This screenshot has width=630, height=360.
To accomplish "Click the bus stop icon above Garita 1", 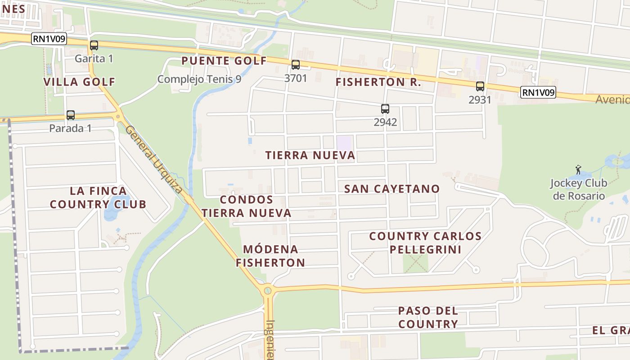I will (x=94, y=45).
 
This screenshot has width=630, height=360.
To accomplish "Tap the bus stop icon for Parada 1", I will (x=71, y=115).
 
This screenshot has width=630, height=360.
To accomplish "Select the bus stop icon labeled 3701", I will (x=296, y=65).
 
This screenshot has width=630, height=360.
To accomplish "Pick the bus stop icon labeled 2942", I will (x=385, y=109).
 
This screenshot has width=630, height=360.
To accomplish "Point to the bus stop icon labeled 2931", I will (x=480, y=86).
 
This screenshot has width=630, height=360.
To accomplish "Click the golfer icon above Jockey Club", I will (x=579, y=170).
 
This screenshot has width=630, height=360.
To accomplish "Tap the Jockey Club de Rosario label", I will (x=578, y=189).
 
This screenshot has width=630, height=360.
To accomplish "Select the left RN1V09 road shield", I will (x=49, y=39).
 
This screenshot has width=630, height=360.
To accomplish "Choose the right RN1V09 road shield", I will (x=538, y=93).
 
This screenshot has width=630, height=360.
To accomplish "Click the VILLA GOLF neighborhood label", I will (x=79, y=82).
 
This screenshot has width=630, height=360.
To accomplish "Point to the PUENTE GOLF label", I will (x=224, y=61).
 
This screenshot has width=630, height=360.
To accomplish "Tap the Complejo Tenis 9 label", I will (x=199, y=79).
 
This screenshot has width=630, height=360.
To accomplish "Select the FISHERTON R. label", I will (x=378, y=82).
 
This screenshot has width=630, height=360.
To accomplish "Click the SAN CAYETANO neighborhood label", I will (x=391, y=189).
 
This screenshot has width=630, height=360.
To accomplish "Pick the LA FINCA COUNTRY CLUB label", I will (x=98, y=198).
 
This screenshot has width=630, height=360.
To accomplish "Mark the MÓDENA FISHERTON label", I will (x=270, y=256).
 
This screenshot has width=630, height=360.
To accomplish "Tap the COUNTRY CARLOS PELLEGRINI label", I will (x=425, y=243).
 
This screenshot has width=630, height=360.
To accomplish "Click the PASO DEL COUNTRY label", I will (x=428, y=317).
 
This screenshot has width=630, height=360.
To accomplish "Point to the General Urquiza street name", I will (x=154, y=159).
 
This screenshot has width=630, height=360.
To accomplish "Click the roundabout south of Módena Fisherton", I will (x=268, y=290).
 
